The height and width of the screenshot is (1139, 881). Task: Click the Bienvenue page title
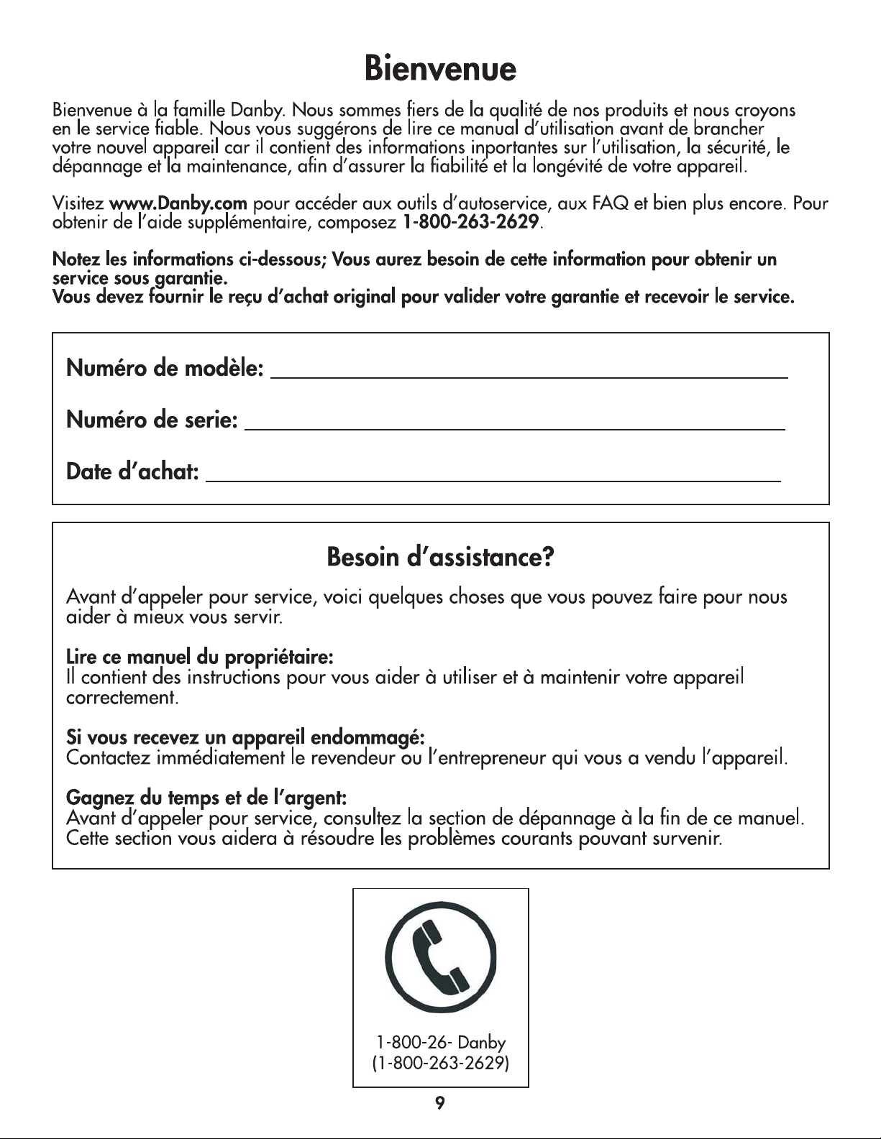440,70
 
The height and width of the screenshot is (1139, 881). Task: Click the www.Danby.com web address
178,204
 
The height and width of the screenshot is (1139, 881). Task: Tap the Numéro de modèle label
164,369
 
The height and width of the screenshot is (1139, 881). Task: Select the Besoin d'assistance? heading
440,557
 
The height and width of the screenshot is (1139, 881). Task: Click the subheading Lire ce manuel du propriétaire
198,657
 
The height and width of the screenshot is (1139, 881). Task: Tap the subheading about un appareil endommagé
246,737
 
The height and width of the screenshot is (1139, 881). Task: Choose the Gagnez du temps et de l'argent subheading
207,798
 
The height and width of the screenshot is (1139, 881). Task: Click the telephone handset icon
441,954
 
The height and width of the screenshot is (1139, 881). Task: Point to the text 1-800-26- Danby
441,1042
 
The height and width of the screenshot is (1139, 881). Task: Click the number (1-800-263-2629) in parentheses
441,1063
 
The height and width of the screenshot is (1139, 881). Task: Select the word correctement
122,698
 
